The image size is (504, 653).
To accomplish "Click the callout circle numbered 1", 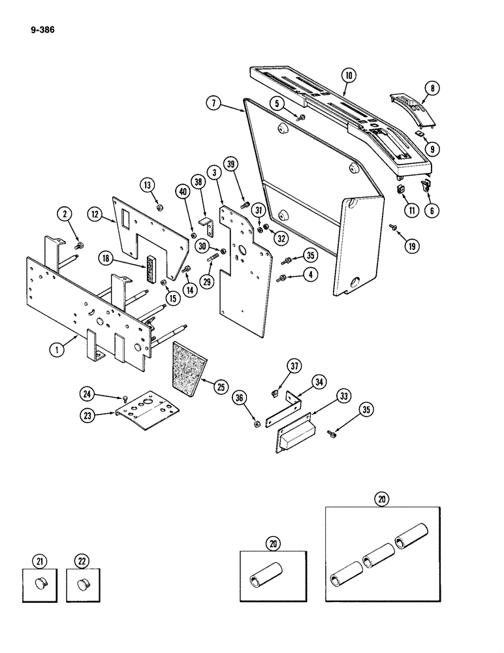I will [58, 349].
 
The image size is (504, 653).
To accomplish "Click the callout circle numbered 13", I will [147, 184].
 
